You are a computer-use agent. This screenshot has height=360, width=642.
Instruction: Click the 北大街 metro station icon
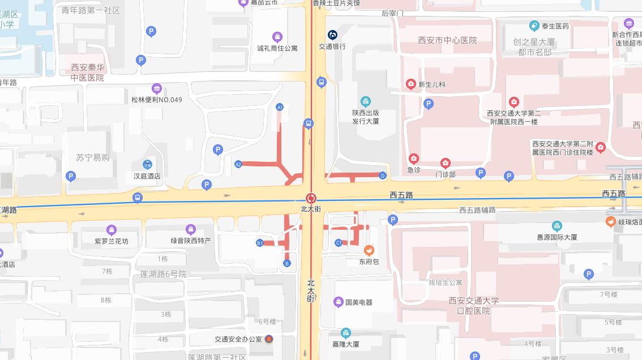(311, 198)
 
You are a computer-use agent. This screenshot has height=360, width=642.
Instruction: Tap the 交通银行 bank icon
(332, 35)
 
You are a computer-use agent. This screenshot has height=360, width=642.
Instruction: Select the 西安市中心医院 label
(447, 41)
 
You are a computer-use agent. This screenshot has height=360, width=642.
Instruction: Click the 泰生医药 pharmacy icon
(534, 25)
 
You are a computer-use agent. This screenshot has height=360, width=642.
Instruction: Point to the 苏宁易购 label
(93, 157)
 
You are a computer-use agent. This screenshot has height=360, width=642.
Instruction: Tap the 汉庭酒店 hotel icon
(147, 165)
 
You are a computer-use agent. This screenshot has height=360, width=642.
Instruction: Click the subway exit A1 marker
(280, 107)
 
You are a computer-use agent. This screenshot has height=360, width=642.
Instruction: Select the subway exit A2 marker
(238, 164)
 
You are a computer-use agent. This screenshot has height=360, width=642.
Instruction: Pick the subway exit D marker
(383, 175)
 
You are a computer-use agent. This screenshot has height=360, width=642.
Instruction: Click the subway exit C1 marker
(339, 243)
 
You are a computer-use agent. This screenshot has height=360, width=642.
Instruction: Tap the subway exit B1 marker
(260, 243)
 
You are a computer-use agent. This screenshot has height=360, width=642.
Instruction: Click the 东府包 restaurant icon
(369, 250)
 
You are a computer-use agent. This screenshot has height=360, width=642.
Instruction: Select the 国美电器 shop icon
(339, 302)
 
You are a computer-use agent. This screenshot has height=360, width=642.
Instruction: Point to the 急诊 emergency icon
(414, 158)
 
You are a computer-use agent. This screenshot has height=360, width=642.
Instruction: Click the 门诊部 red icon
(446, 164)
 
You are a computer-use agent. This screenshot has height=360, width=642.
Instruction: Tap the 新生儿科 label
(432, 85)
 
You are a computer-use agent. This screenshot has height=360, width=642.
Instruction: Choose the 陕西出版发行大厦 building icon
(366, 101)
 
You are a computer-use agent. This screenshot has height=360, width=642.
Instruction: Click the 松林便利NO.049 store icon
(157, 88)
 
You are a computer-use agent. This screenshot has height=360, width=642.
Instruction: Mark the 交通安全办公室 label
(238, 340)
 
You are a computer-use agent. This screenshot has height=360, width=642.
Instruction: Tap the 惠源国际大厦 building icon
(557, 226)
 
